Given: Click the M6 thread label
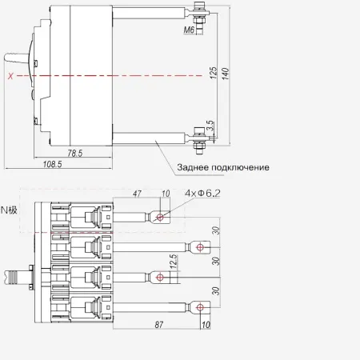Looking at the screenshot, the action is coord(189,30).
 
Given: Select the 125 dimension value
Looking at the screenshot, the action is coord(214,73).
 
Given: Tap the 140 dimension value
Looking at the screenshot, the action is coord(226,74).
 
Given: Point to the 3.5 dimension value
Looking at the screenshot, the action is coord(210,126).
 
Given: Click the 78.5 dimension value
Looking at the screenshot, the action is coord(75,153).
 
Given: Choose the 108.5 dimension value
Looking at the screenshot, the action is coord(52,164).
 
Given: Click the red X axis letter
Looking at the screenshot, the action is coord(10,76).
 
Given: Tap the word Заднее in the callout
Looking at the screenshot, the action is coord(192,167).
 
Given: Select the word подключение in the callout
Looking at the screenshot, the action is coord(240,168).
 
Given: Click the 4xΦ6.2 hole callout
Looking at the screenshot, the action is coord(202,193).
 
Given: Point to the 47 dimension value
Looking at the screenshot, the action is coord(137,194).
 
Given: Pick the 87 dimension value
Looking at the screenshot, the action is coord(159,325).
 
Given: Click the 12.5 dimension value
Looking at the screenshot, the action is coord(174,262).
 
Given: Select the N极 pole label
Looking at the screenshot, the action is coord(9,210).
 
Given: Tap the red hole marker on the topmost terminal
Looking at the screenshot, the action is coord(160,217).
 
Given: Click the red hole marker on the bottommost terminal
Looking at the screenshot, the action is coord(200,307).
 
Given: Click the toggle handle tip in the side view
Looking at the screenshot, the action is coord(6,58).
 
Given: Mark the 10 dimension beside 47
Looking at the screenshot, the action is coord(166,194).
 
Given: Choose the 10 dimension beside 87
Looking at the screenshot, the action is coord(206,325).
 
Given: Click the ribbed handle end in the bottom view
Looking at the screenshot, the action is coord(10,277).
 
